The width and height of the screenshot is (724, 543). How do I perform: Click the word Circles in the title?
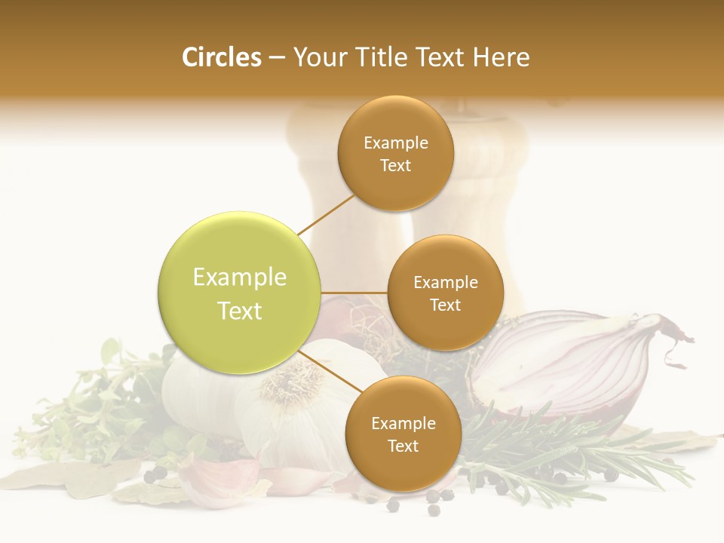pyautogui.click(x=221, y=57)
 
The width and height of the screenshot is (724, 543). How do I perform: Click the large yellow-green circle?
pyautogui.click(x=240, y=293)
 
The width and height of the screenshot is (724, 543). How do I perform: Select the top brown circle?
pyautogui.click(x=395, y=153)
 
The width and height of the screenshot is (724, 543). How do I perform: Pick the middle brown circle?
pyautogui.click(x=445, y=293)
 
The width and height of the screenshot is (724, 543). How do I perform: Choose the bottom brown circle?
pyautogui.click(x=403, y=434)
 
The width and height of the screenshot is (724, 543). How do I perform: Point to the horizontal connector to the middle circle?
pyautogui.click(x=354, y=293)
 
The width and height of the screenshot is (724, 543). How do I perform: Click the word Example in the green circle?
pyautogui.click(x=240, y=278)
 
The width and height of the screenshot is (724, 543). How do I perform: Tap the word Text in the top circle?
pyautogui.click(x=395, y=166)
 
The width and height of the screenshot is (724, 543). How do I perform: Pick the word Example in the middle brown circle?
pyautogui.click(x=445, y=282)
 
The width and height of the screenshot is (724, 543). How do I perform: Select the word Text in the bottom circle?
pyautogui.click(x=403, y=446)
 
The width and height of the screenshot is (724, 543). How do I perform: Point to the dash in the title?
pyautogui.click(x=276, y=57)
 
